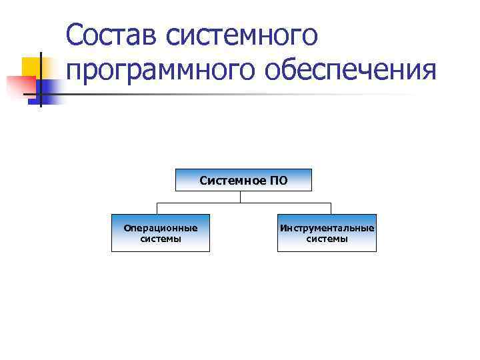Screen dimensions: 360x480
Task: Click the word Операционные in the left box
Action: pos(161,228)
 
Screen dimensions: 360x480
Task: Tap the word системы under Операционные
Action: pos(161,239)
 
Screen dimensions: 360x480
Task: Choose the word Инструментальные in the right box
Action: pos(327,228)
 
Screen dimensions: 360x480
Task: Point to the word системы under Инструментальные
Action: pos(327,239)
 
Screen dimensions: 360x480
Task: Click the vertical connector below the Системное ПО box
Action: pos(241,196)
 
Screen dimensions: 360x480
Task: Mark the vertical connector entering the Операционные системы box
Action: pos(157,207)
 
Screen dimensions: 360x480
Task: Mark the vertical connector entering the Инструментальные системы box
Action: pos(331,207)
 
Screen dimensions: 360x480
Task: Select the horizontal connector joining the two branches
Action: pos(200,201)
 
